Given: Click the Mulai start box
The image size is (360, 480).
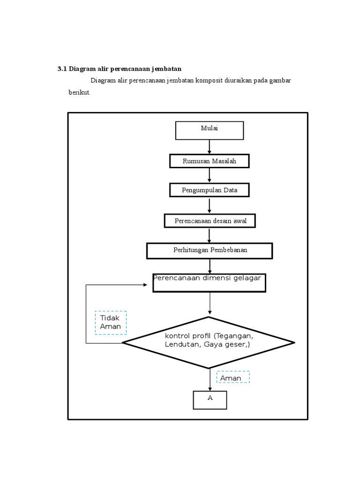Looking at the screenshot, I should [x=209, y=130].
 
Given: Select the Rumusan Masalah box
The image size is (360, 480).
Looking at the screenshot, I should [x=209, y=161].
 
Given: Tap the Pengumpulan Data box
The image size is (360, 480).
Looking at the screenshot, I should [x=209, y=190].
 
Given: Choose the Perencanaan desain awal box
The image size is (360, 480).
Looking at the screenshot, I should [x=210, y=221].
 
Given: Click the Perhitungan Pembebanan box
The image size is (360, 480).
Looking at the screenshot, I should [x=210, y=250].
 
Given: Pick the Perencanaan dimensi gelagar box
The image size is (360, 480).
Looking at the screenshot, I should [x=210, y=283].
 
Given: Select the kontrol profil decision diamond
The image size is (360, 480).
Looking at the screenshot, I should [x=209, y=343].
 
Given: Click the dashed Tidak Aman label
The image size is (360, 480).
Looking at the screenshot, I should [x=111, y=322].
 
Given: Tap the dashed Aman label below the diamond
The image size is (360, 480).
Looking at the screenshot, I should [x=232, y=378].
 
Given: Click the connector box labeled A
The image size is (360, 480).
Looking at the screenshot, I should [x=210, y=400].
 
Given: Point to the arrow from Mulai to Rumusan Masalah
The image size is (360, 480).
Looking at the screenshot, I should [x=209, y=147].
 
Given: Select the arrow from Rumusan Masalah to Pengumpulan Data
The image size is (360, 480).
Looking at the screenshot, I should [x=209, y=175].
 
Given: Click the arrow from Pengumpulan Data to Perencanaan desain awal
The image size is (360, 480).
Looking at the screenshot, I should [x=209, y=205].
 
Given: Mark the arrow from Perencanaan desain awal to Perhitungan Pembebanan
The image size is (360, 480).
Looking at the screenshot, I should [x=210, y=235].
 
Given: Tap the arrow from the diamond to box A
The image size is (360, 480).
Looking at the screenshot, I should [x=210, y=380].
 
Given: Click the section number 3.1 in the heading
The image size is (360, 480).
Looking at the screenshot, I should [x=62, y=69].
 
